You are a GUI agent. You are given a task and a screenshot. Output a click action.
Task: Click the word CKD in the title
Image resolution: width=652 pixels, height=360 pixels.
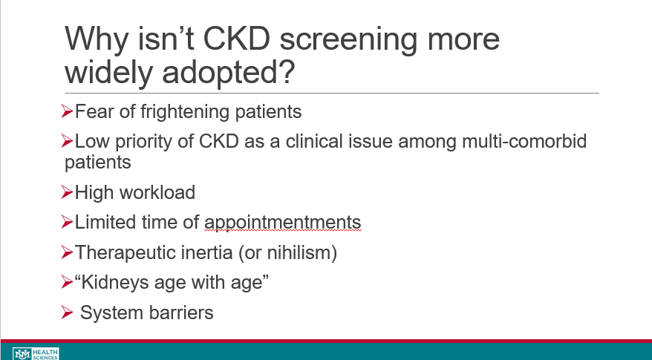[237, 39]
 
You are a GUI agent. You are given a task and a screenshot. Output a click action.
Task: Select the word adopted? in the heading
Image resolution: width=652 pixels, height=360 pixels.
[228, 72]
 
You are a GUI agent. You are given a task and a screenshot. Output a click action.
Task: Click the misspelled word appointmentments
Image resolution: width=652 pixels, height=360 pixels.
[283, 223]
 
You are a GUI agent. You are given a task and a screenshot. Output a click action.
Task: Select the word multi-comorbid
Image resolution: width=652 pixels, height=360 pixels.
[524, 141]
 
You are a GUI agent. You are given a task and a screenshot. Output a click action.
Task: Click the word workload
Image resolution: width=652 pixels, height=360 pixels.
[157, 192]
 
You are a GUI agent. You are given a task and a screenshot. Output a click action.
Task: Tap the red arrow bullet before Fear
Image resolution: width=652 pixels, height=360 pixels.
[67, 111]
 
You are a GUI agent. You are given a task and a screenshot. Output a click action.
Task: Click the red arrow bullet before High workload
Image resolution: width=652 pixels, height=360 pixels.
[67, 192]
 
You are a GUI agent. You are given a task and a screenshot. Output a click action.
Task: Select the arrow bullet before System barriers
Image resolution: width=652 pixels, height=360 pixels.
[67, 312]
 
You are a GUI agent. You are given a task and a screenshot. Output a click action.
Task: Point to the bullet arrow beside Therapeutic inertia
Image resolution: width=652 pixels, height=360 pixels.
[67, 252]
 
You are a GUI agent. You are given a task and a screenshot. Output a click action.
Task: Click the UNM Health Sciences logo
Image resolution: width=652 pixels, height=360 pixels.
[36, 354]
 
